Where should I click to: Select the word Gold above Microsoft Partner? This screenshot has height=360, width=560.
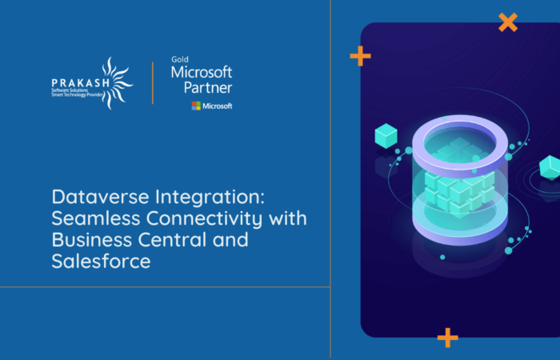point(179,59)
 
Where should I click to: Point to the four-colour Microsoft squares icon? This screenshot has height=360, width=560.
point(196,106)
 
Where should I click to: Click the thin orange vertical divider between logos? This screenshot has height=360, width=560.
point(153,82)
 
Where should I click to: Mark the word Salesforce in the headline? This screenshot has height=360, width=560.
point(101,261)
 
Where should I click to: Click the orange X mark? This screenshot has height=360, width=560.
point(507,22)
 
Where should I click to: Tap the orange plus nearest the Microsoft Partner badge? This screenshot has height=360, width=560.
point(360,55)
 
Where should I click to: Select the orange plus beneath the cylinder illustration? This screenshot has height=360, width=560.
point(448,338)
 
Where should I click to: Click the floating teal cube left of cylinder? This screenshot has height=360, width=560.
point(386,136)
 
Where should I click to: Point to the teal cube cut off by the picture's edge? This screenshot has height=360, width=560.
point(550,167)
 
